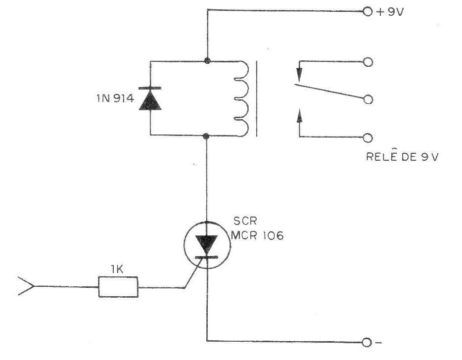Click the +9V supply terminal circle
[x=368, y=11]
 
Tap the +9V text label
[x=390, y=12]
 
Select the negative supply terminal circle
[x=367, y=343]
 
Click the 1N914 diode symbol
[x=150, y=99]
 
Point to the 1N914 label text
[x=116, y=98]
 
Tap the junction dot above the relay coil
[x=207, y=61]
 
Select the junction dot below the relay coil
[x=207, y=136]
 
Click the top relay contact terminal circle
[x=368, y=62]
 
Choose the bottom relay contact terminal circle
[x=368, y=138]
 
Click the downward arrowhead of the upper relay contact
[x=299, y=75]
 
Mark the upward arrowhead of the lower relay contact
[x=300, y=116]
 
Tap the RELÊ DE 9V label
[x=403, y=156]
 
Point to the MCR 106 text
[x=257, y=235]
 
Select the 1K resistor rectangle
[x=118, y=287]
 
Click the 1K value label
[x=117, y=270]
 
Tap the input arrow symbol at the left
[x=26, y=286]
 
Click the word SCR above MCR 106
[x=245, y=221]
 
